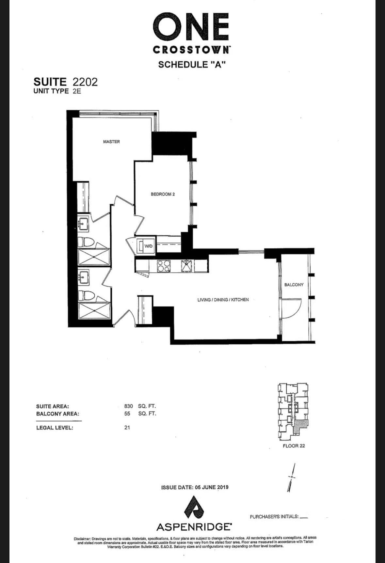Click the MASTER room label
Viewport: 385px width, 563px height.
click(x=111, y=142)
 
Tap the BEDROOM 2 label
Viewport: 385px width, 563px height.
click(x=163, y=194)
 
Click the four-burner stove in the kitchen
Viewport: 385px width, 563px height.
click(x=164, y=266)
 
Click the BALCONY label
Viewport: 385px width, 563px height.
click(x=294, y=285)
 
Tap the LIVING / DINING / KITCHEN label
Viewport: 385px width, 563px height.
click(x=223, y=300)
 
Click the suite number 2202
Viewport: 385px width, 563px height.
click(x=85, y=82)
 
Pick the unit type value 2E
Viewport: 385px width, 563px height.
click(x=77, y=91)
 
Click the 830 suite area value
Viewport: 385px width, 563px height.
click(x=128, y=406)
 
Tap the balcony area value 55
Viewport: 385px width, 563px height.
click(x=127, y=414)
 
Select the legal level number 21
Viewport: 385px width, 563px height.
click(x=127, y=428)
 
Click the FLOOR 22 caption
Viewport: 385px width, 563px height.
click(x=294, y=446)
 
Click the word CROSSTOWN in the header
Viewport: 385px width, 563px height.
click(x=192, y=50)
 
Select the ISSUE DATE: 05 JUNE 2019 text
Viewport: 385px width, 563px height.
click(x=195, y=487)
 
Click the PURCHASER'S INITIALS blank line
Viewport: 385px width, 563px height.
click(x=304, y=517)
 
